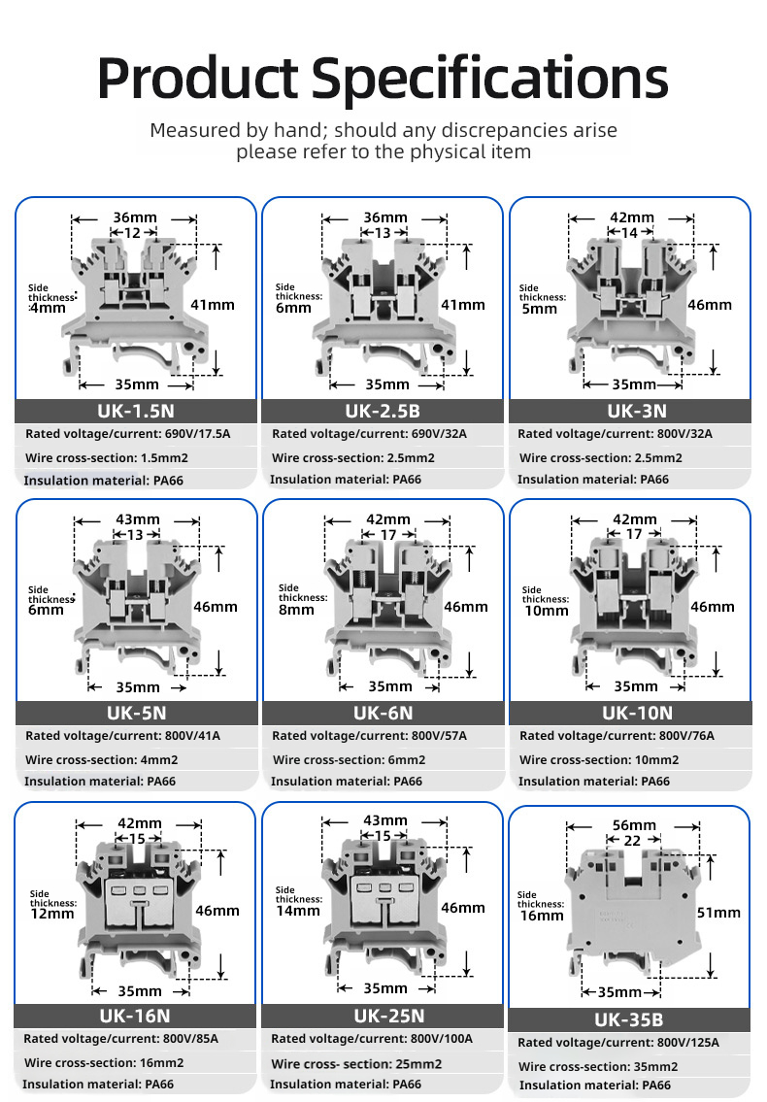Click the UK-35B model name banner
(x=628, y=1019)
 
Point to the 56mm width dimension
(x=634, y=825)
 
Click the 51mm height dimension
(x=718, y=912)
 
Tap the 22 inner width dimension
(x=632, y=841)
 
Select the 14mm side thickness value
(x=298, y=910)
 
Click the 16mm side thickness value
(x=541, y=915)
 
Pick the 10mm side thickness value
(x=546, y=610)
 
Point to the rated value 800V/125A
(x=687, y=1043)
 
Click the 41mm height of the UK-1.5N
(x=213, y=305)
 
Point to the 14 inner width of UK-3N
(x=629, y=233)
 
